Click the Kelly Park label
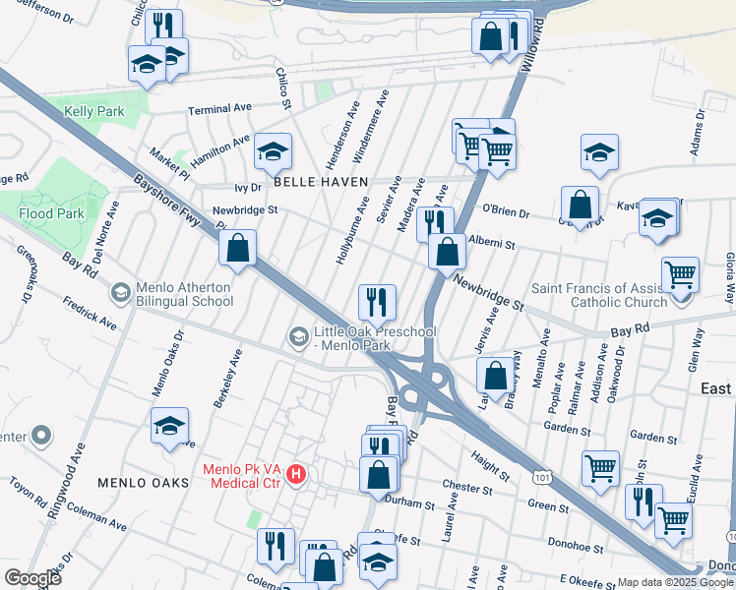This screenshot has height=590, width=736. click(94, 111)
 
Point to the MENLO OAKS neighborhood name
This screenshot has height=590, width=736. click(143, 483)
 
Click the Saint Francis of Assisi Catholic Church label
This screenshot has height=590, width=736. click(599, 295)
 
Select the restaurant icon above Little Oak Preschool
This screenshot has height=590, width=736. click(376, 301)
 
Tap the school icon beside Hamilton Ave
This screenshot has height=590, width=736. click(273, 150)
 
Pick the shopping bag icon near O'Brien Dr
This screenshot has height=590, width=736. click(581, 204)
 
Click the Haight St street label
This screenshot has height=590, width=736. click(488, 459)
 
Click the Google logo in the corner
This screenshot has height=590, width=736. click(33, 577)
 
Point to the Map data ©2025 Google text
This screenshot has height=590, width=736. click(660, 582)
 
